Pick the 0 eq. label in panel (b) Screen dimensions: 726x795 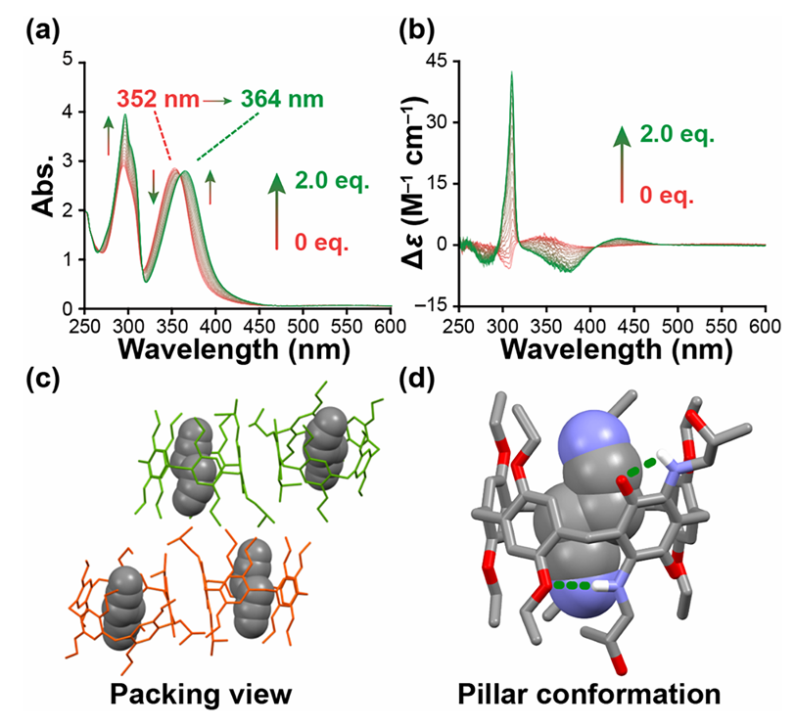(x=671, y=196)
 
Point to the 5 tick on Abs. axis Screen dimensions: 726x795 (x=68, y=60)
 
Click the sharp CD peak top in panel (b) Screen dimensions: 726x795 (x=511, y=73)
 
